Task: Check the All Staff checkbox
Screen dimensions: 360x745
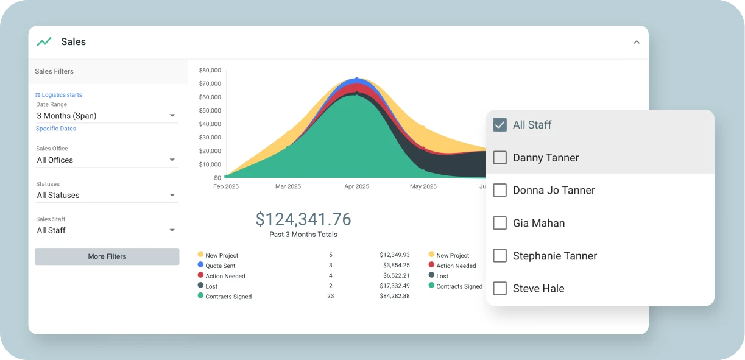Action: click(500, 125)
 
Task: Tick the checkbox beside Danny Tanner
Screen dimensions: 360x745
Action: click(500, 158)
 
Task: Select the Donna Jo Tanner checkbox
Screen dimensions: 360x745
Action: click(500, 191)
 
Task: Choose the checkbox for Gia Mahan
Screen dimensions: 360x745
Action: click(500, 223)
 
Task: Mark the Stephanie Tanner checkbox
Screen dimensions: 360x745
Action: click(500, 256)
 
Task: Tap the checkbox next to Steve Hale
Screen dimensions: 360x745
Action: click(500, 289)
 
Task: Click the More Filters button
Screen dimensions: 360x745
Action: click(107, 256)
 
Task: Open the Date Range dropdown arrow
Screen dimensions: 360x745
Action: click(172, 116)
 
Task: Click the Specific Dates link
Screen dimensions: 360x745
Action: click(56, 129)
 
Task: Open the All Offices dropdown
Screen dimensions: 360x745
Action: click(107, 160)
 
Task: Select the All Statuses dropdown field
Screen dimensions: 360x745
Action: click(107, 196)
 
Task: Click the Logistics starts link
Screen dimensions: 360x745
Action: click(59, 95)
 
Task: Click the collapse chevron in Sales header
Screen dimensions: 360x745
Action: click(637, 42)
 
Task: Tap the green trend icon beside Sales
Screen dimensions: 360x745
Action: click(44, 42)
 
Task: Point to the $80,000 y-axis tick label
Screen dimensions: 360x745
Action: click(210, 71)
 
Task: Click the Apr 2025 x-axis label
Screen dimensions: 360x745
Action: click(356, 186)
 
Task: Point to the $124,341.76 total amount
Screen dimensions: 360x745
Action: click(303, 219)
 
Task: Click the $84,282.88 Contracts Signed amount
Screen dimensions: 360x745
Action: click(394, 296)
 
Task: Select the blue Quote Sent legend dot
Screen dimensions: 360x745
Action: click(200, 265)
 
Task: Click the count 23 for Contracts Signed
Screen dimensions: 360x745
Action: click(331, 296)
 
